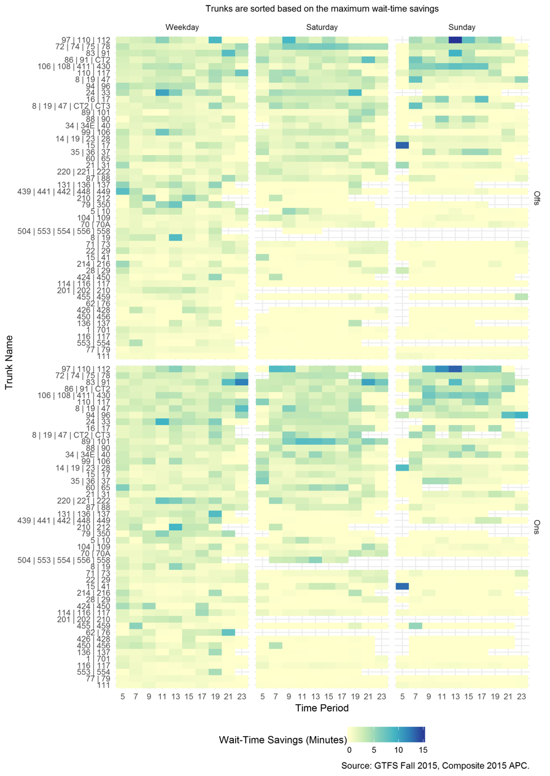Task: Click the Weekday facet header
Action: click(182, 27)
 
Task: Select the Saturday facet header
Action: click(322, 27)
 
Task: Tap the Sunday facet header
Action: click(462, 27)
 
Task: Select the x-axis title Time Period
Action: click(322, 708)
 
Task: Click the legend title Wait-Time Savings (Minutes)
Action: click(283, 740)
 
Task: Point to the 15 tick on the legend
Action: click(422, 750)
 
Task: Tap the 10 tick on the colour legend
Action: click(398, 750)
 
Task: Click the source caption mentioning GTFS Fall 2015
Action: click(435, 766)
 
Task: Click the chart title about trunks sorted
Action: click(322, 9)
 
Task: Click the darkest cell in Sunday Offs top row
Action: click(455, 40)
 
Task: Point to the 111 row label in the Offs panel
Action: click(104, 356)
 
